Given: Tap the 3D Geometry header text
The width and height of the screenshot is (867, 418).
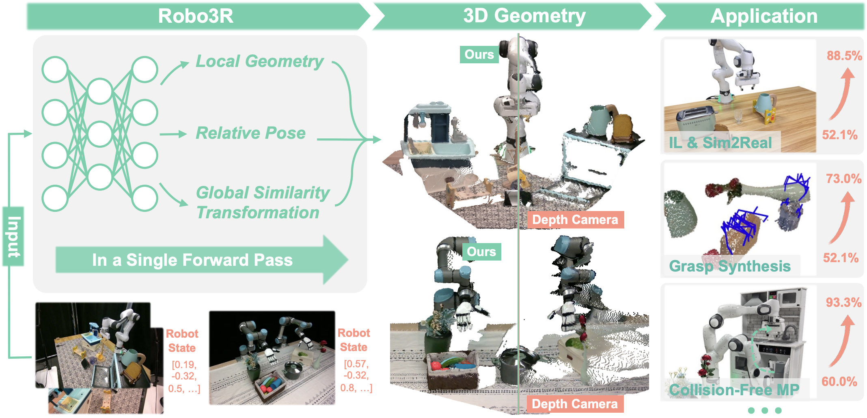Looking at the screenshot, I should [x=524, y=16].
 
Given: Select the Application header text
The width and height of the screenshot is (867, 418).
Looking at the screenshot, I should [x=763, y=16].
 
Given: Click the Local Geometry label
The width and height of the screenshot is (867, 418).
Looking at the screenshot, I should [x=259, y=61].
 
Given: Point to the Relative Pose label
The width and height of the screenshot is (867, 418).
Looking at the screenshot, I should [x=250, y=133].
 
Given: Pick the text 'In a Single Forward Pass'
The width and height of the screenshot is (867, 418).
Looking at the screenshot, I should [x=192, y=260].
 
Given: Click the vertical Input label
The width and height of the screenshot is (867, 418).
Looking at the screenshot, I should [x=13, y=237].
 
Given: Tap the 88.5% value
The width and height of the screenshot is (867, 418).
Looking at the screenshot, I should [x=844, y=56].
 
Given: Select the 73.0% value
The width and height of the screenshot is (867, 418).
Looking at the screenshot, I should [x=843, y=179].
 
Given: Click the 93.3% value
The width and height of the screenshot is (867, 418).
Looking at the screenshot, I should [x=843, y=302].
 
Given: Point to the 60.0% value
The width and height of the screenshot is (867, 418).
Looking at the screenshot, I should [x=839, y=381].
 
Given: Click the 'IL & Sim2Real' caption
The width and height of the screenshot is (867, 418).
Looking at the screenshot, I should [x=720, y=143].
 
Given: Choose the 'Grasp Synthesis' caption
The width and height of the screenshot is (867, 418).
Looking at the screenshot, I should [x=729, y=266].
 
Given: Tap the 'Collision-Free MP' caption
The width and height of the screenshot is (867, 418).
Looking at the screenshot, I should [x=734, y=390].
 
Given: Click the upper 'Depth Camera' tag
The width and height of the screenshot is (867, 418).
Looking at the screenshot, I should [x=575, y=220].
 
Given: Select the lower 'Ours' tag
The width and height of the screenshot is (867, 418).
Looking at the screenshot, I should [x=481, y=252].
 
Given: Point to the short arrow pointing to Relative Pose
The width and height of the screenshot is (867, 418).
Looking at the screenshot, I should [x=173, y=134].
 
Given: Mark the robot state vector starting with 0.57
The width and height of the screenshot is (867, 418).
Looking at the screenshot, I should [x=356, y=376].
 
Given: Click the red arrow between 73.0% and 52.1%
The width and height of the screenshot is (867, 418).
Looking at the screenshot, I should [x=842, y=217].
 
